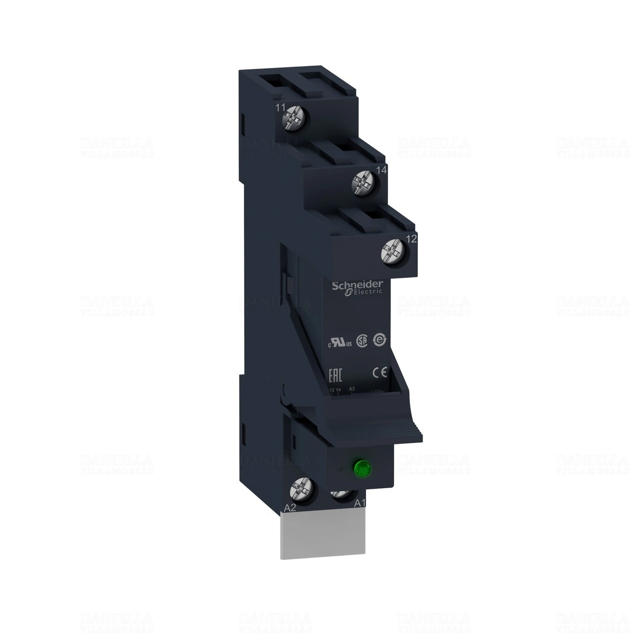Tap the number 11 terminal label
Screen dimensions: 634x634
tap(281, 108)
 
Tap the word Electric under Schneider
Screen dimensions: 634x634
tap(361, 292)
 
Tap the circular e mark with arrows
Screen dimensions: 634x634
tap(378, 341)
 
